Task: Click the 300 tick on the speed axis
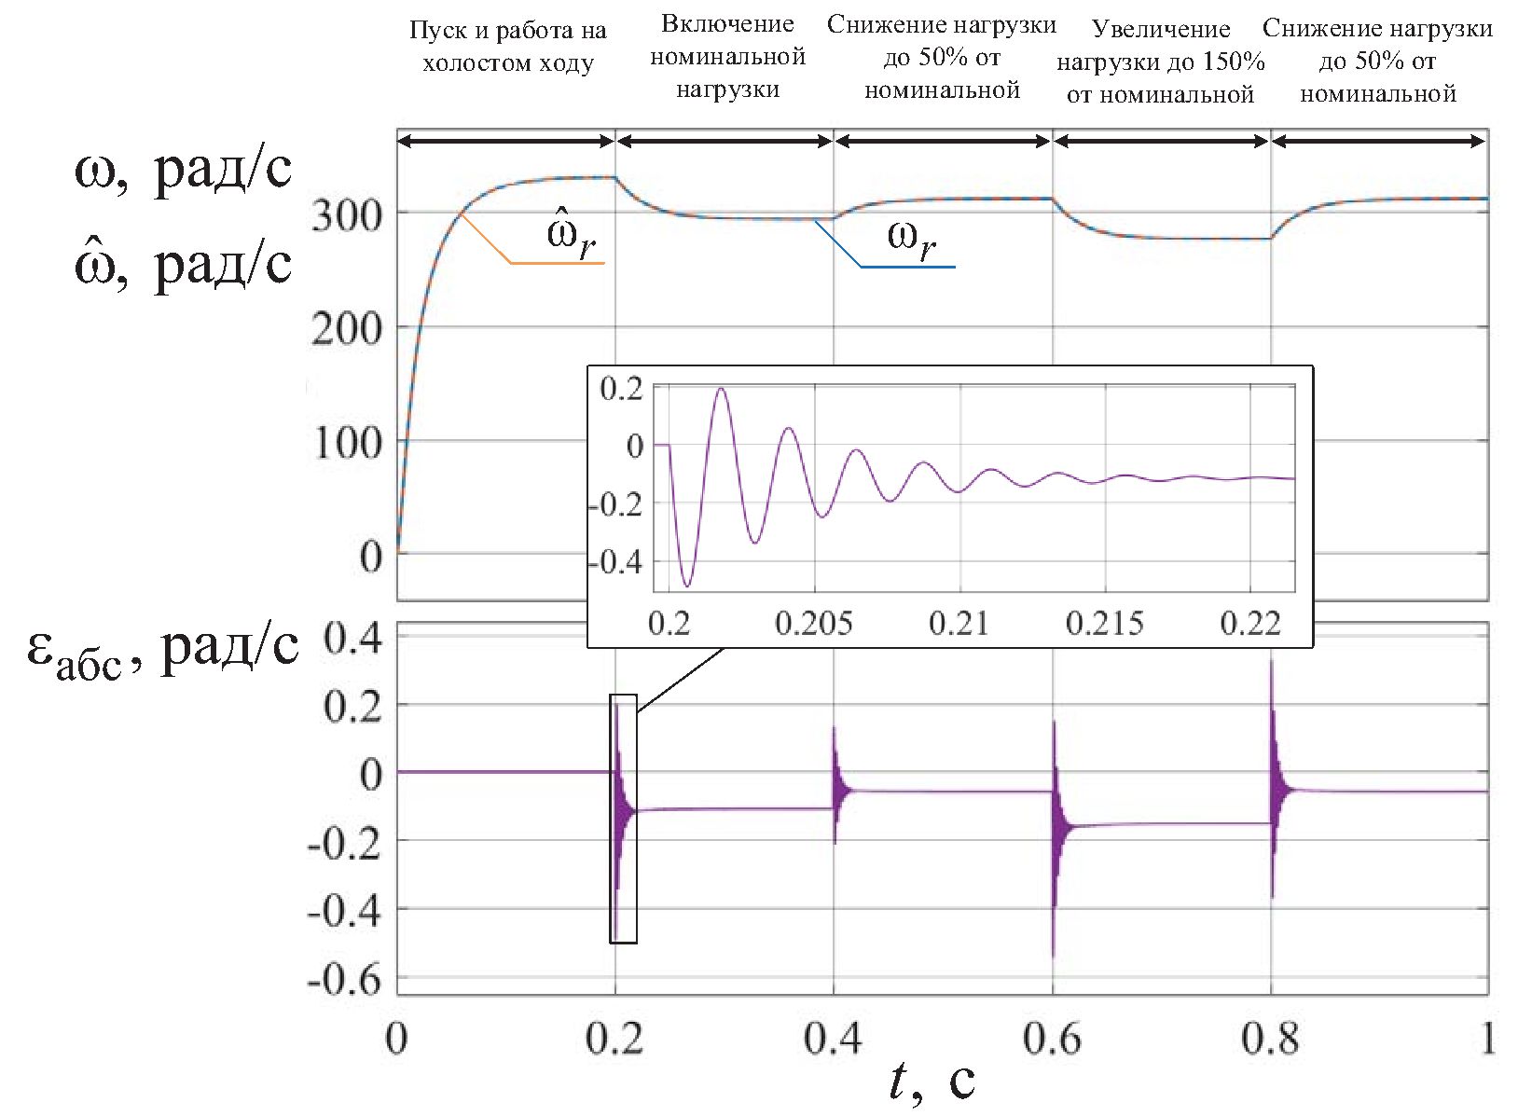pos(346,216)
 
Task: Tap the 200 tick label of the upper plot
pos(346,329)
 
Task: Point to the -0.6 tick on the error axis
pos(344,980)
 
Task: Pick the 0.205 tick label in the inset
pos(813,623)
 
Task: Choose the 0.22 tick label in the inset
pos(1250,623)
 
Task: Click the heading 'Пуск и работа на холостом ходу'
pos(507,47)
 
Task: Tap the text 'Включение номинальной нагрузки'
pos(727,57)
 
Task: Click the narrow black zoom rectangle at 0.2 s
pos(623,819)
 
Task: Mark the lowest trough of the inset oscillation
pos(688,586)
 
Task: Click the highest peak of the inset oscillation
pos(720,389)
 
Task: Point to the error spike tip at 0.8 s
pos(1271,661)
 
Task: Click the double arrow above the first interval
pos(505,141)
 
